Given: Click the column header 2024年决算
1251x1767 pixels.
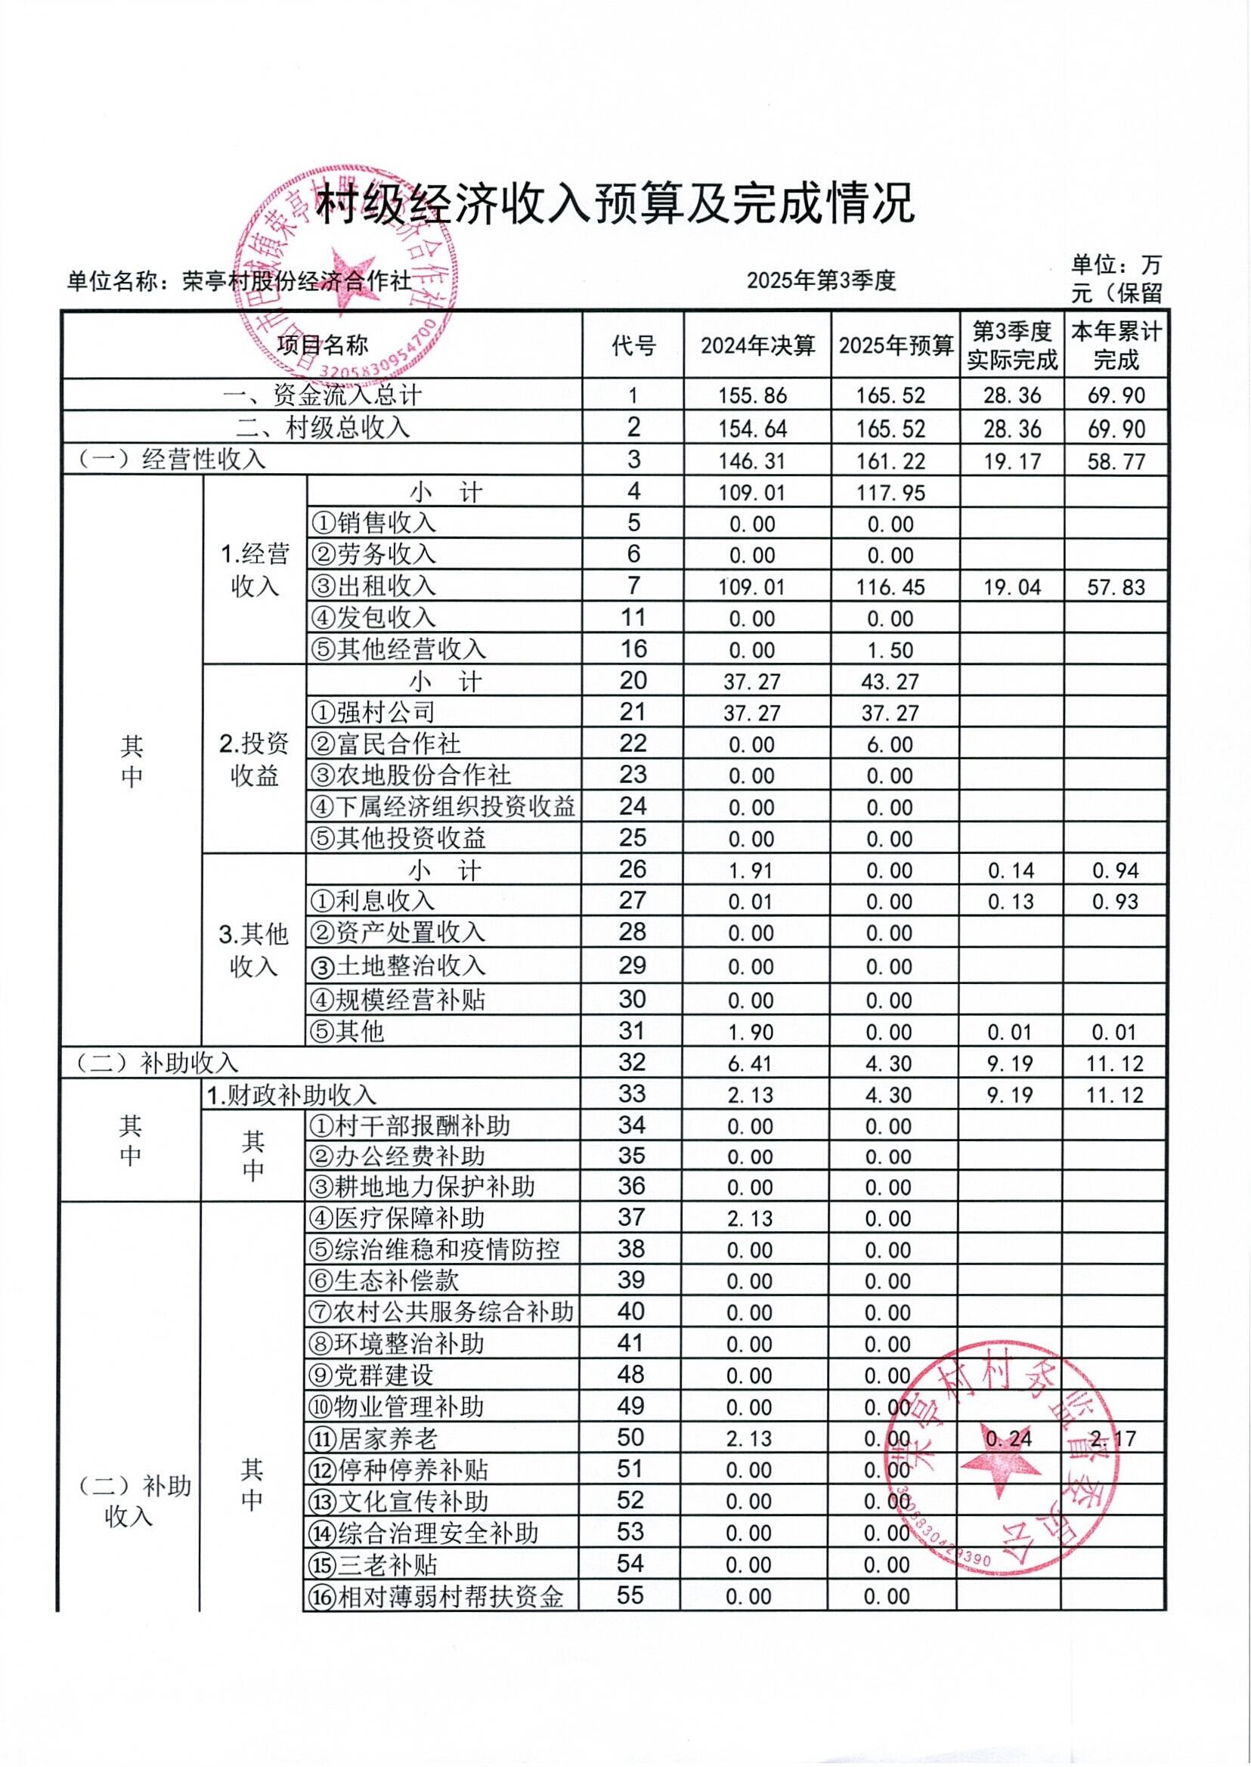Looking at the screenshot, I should tap(757, 346).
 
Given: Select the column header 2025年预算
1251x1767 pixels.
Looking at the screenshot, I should tap(896, 346).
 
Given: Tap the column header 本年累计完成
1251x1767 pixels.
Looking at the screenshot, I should tap(1116, 346).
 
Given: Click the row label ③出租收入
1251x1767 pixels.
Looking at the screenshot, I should tap(373, 586).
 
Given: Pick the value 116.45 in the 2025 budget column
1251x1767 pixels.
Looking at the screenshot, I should tap(890, 588).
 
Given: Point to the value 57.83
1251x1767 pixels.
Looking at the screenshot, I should tap(1116, 588).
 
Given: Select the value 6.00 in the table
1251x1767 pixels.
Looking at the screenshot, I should tap(890, 745).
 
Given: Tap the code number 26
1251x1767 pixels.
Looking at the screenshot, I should tap(633, 870).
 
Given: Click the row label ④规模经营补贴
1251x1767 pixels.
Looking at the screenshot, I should tap(398, 1000).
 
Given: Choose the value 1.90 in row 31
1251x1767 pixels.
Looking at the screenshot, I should tap(751, 1032).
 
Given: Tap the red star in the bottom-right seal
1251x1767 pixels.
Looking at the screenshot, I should tap(1002, 1456).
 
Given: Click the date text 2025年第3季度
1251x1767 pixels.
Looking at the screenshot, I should tap(821, 281).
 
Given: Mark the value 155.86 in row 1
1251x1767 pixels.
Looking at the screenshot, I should tap(753, 396).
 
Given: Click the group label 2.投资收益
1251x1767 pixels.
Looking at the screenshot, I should tap(254, 760).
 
